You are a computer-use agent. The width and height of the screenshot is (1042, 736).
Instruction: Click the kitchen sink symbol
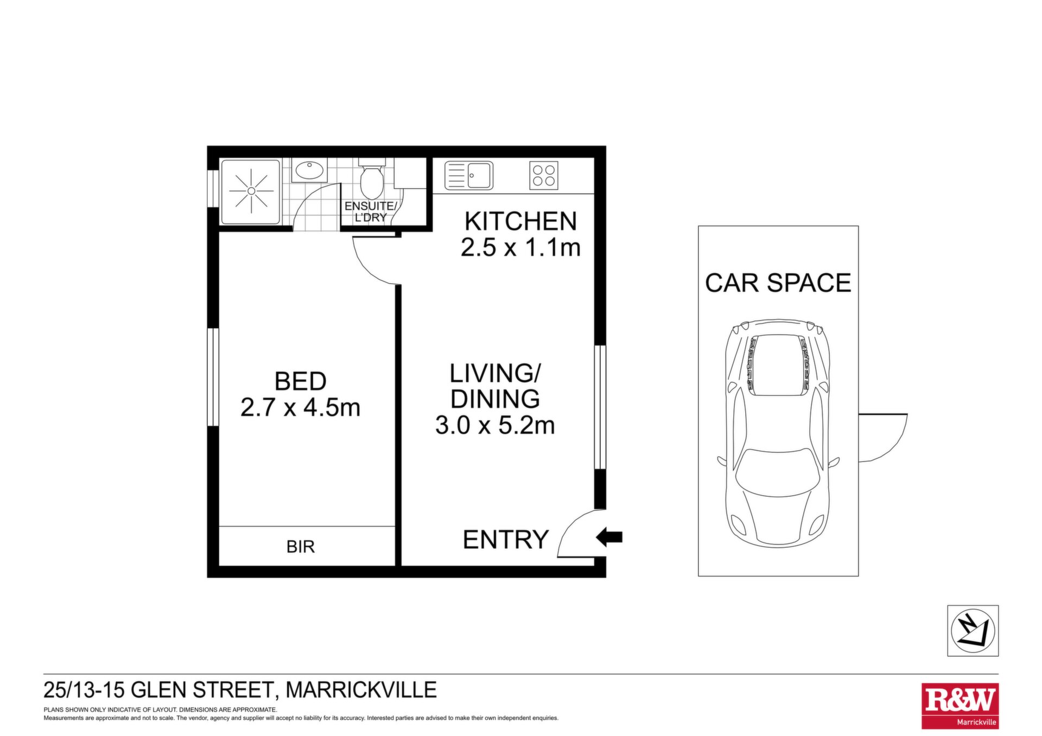point(469,176)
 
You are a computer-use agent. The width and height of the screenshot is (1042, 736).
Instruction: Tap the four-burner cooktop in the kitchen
point(544,176)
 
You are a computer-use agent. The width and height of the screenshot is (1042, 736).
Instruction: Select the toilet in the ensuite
point(372,179)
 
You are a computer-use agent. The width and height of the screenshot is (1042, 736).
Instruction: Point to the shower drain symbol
point(251,191)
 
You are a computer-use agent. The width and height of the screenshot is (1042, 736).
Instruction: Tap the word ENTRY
point(506,540)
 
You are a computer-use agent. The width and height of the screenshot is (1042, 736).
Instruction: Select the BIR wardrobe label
point(301,547)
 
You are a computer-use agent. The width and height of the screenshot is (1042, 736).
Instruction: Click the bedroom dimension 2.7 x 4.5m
point(300,407)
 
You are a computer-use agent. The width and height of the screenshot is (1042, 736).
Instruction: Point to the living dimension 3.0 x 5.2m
point(495,425)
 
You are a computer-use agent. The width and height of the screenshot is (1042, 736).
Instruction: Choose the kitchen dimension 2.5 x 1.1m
point(521,247)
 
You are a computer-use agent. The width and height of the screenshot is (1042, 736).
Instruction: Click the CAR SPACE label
point(778,283)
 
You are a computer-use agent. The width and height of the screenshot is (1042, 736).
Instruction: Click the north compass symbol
point(973,631)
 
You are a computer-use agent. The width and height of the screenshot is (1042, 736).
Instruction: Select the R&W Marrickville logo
point(960,706)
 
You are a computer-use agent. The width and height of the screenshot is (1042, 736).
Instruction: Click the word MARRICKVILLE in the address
point(361,690)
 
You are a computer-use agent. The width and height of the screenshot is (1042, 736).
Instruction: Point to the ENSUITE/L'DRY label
point(371,212)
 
